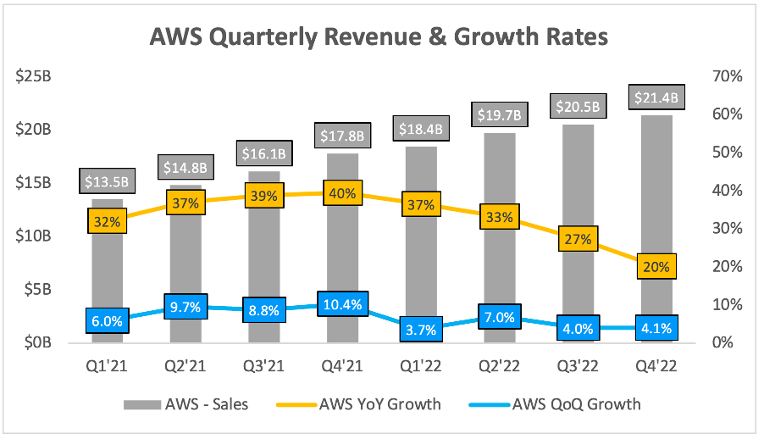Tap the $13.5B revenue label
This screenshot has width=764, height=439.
tap(108, 181)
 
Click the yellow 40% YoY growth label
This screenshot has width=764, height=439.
tap(342, 193)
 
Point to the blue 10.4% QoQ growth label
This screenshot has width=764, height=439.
tap(342, 303)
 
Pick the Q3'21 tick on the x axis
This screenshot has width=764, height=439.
tap(263, 366)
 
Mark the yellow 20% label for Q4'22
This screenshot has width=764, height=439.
tap(656, 267)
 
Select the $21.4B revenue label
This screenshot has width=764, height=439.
tap(656, 98)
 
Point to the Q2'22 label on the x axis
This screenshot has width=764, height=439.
tap(499, 366)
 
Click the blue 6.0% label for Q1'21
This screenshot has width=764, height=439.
tap(108, 321)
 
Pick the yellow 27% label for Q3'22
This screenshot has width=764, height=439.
tap(577, 240)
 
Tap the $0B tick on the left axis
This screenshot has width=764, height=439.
tap(39, 342)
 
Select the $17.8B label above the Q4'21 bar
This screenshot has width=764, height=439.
tap(342, 136)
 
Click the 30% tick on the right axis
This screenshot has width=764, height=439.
tap(728, 229)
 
